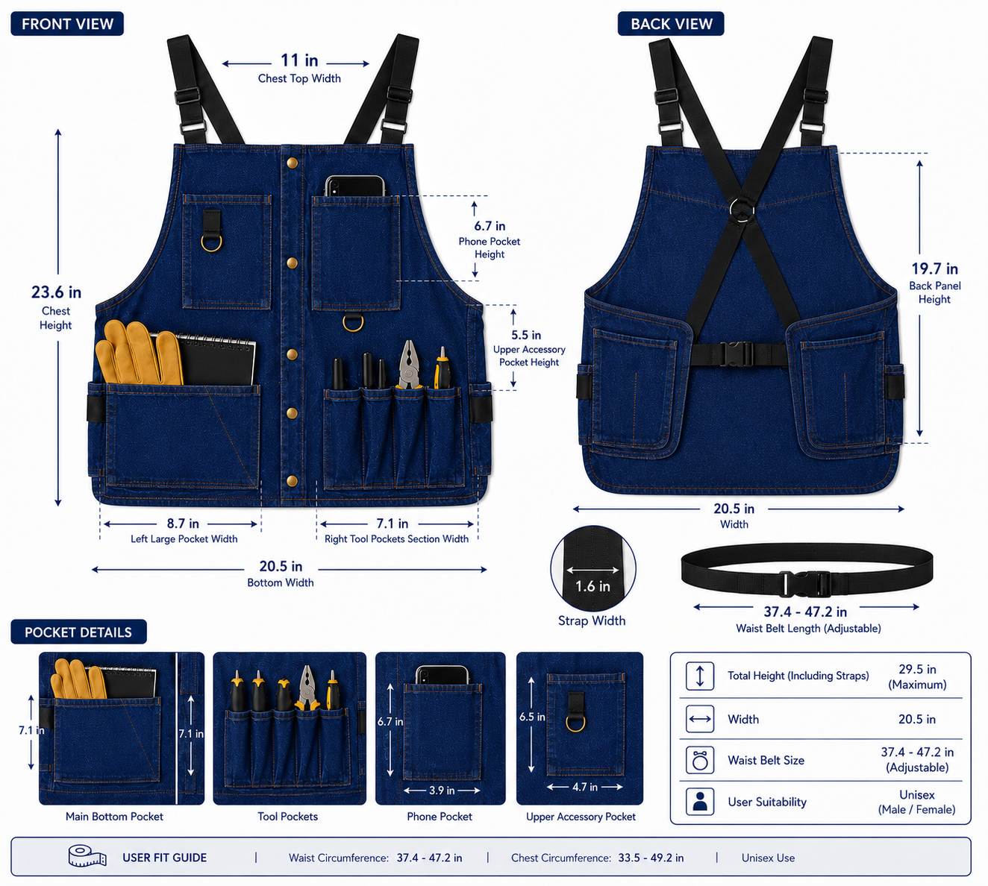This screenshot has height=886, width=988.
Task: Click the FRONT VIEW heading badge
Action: [x=67, y=24]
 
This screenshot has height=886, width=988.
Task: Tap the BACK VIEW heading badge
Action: [x=671, y=24]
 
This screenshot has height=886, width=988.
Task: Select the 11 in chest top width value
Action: [x=299, y=60]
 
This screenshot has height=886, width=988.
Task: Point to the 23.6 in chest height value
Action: [x=56, y=292]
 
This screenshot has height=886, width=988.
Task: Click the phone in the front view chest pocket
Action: [x=354, y=186]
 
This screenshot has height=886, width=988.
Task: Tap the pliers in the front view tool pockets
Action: [x=410, y=365]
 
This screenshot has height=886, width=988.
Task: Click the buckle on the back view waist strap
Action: [x=736, y=354]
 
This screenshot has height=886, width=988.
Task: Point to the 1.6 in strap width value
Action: [x=593, y=586]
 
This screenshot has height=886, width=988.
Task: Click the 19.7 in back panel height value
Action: [x=935, y=268]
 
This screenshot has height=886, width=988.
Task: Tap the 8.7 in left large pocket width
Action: [x=183, y=524]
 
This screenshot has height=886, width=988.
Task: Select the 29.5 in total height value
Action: [x=917, y=669]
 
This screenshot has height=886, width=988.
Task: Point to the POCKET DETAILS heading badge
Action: [x=78, y=632]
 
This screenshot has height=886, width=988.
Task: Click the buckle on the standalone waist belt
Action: [x=804, y=583]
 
